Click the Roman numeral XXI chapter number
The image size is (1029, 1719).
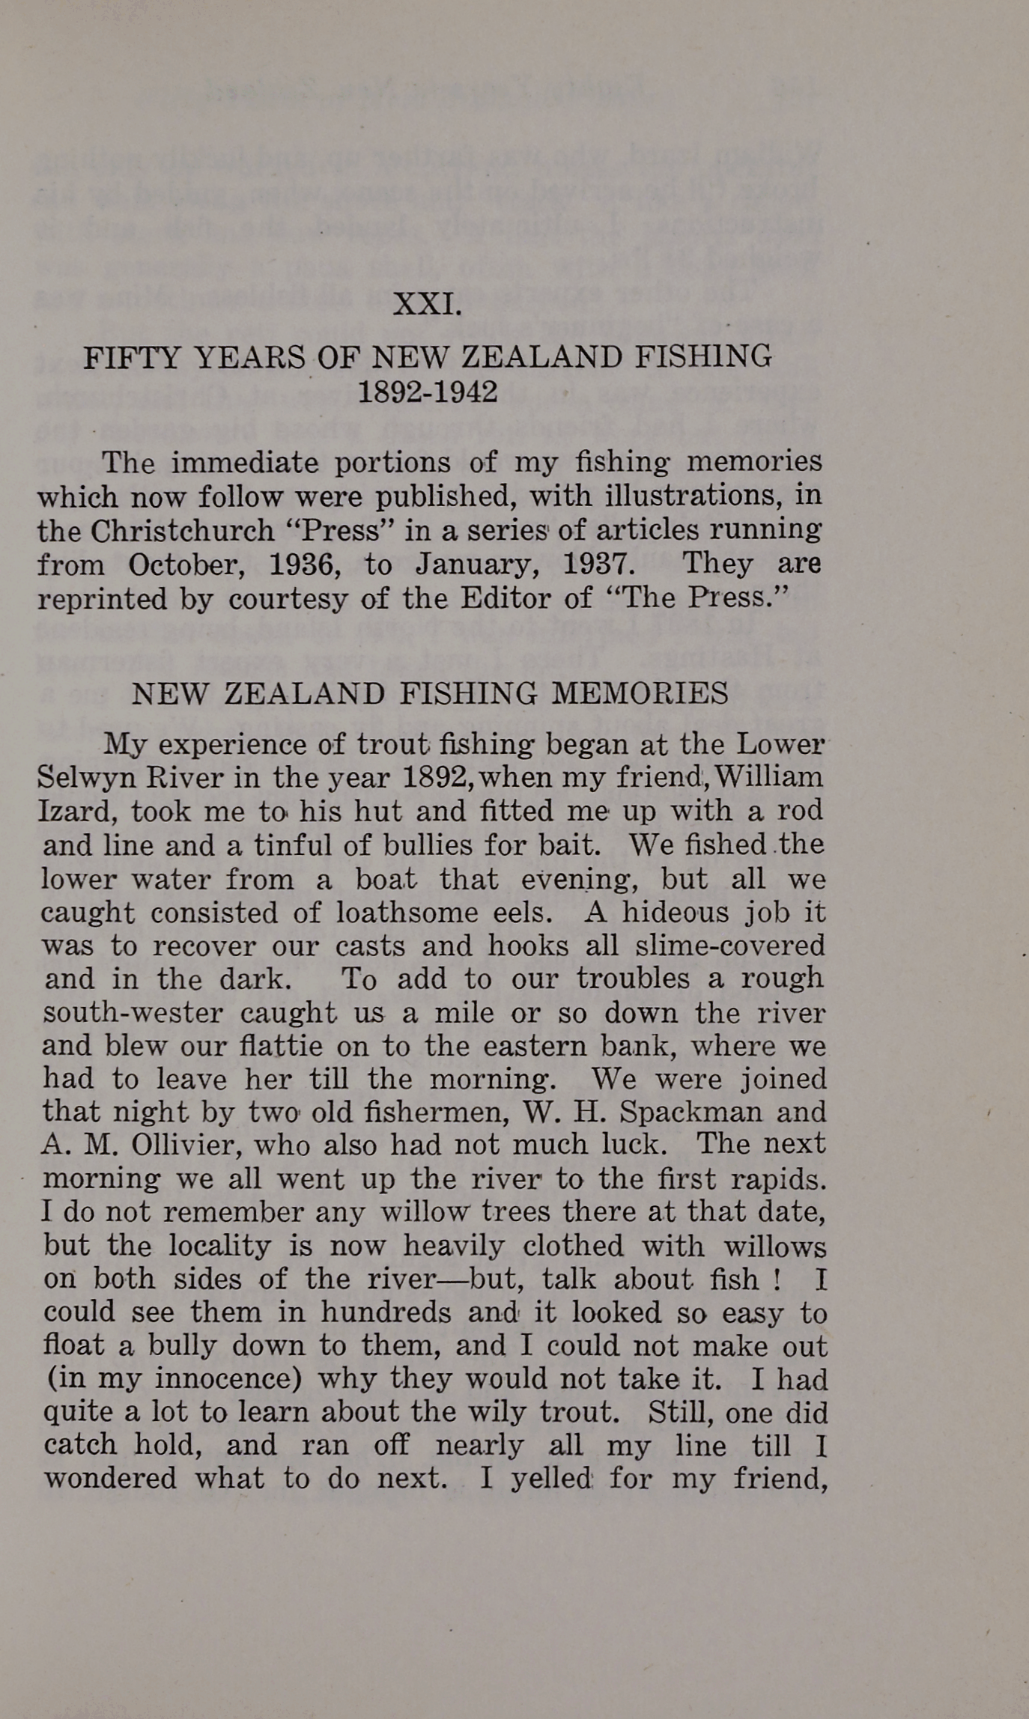click(427, 304)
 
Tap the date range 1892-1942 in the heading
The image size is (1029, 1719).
click(428, 391)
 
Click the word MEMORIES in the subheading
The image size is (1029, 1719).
click(640, 693)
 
